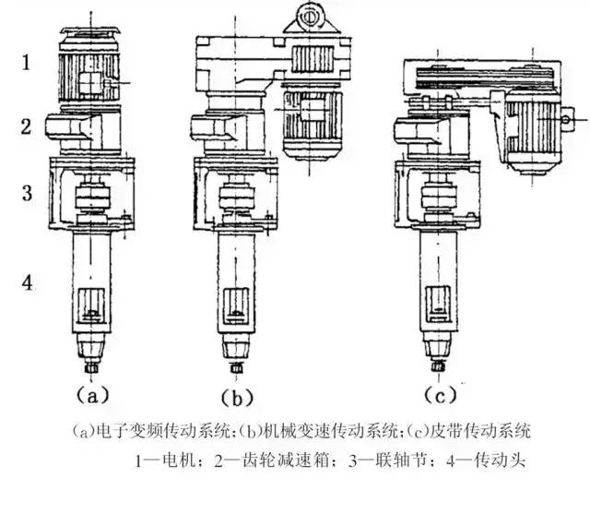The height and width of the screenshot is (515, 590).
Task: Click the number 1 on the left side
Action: [x=27, y=63]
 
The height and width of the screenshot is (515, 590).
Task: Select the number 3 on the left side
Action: [x=28, y=194]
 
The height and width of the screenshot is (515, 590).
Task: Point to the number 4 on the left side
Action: [x=28, y=282]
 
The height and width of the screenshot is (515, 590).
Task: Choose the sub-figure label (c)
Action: [x=441, y=395]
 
